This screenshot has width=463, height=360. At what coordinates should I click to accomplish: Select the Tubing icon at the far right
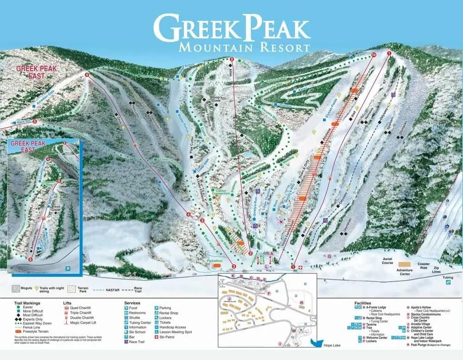pyautogui.click(x=448, y=282)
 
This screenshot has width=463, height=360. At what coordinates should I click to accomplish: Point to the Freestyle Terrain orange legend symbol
pyautogui.click(x=17, y=332)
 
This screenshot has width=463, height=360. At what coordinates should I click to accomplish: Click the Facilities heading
pyautogui.click(x=365, y=303)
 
